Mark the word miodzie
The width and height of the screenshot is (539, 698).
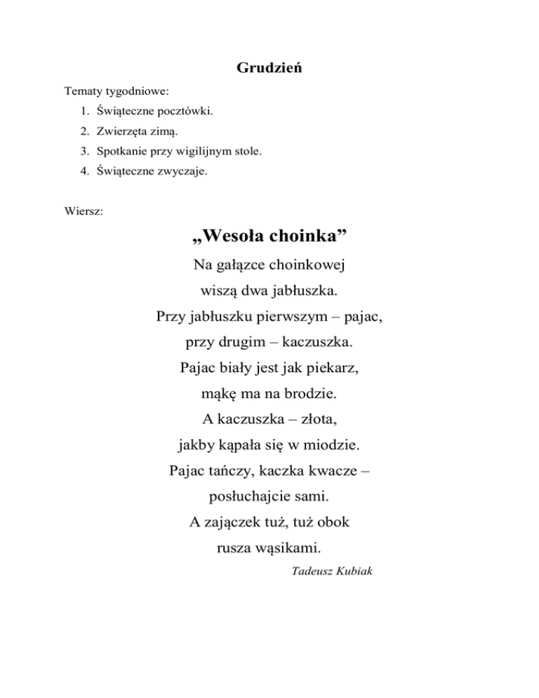(332, 445)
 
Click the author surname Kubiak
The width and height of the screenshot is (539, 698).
(354, 572)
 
